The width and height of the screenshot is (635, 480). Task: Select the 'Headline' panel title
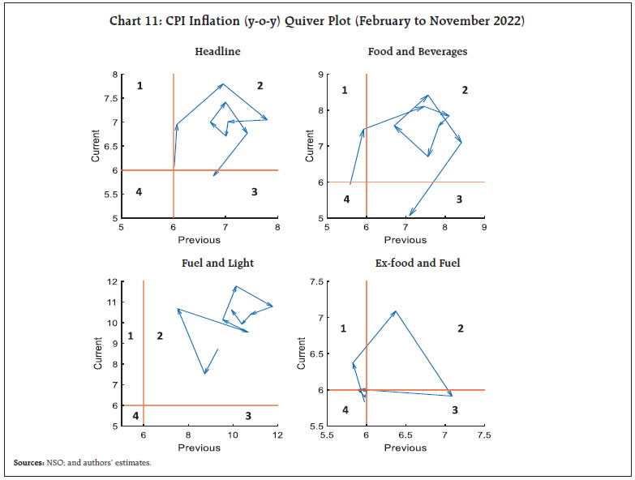pos(217,52)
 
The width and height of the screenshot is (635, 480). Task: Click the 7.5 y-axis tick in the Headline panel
pos(113,98)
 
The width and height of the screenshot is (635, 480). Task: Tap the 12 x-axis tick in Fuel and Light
pos(277,435)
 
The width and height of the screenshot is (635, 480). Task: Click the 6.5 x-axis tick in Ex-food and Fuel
pos(405,435)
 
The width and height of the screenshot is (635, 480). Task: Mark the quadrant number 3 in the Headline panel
pos(254,192)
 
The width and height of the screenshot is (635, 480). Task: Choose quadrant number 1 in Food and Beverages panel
pos(345,90)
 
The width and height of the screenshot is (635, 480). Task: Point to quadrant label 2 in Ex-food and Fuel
pos(461,328)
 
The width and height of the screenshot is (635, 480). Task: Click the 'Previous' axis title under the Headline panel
pos(200,240)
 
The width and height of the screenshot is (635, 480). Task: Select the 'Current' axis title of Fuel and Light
pos(98,354)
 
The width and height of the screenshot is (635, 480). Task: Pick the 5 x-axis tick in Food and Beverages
pos(327,228)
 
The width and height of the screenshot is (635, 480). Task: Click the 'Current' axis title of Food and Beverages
pos(309,146)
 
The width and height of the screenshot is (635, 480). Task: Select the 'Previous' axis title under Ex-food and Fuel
pos(405,448)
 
